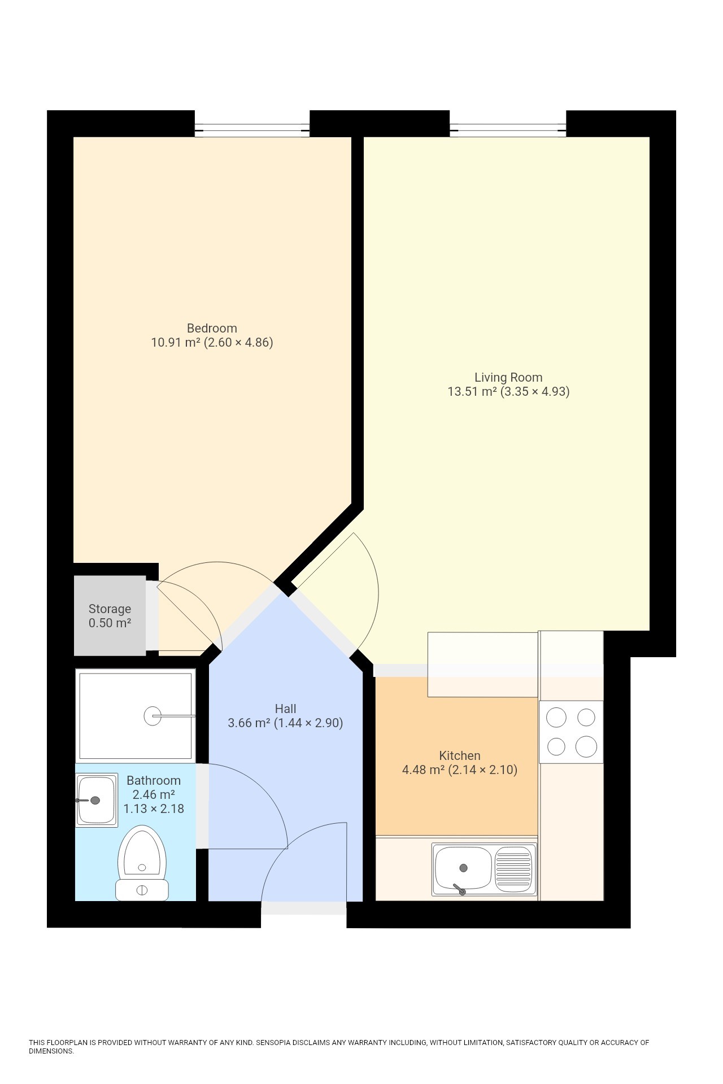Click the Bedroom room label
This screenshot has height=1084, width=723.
[212, 328]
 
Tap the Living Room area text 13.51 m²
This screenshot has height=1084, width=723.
[472, 392]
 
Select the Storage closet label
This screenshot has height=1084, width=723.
[110, 609]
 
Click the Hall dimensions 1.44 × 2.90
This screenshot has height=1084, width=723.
[308, 723]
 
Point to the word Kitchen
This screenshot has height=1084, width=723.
[460, 755]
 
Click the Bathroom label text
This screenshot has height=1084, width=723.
[154, 780]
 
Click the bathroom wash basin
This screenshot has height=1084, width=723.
[97, 800]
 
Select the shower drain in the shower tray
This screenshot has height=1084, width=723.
[153, 716]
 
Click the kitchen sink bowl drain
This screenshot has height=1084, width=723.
[464, 868]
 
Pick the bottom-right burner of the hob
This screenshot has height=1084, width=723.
[586, 746]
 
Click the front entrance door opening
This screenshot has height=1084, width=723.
[303, 907]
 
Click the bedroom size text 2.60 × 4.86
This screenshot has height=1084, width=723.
[238, 342]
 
